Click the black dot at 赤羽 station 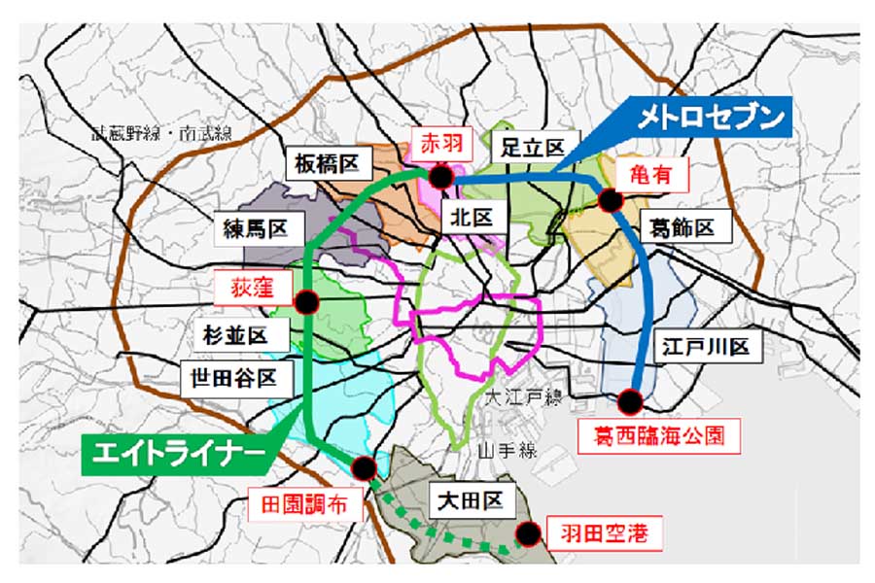coord(440,176)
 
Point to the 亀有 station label coord(651,175)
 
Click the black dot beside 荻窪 coord(306,303)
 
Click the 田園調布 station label coord(303,505)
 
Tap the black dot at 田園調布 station coord(364,469)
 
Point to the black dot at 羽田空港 coord(528,533)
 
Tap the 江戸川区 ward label coord(706,347)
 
